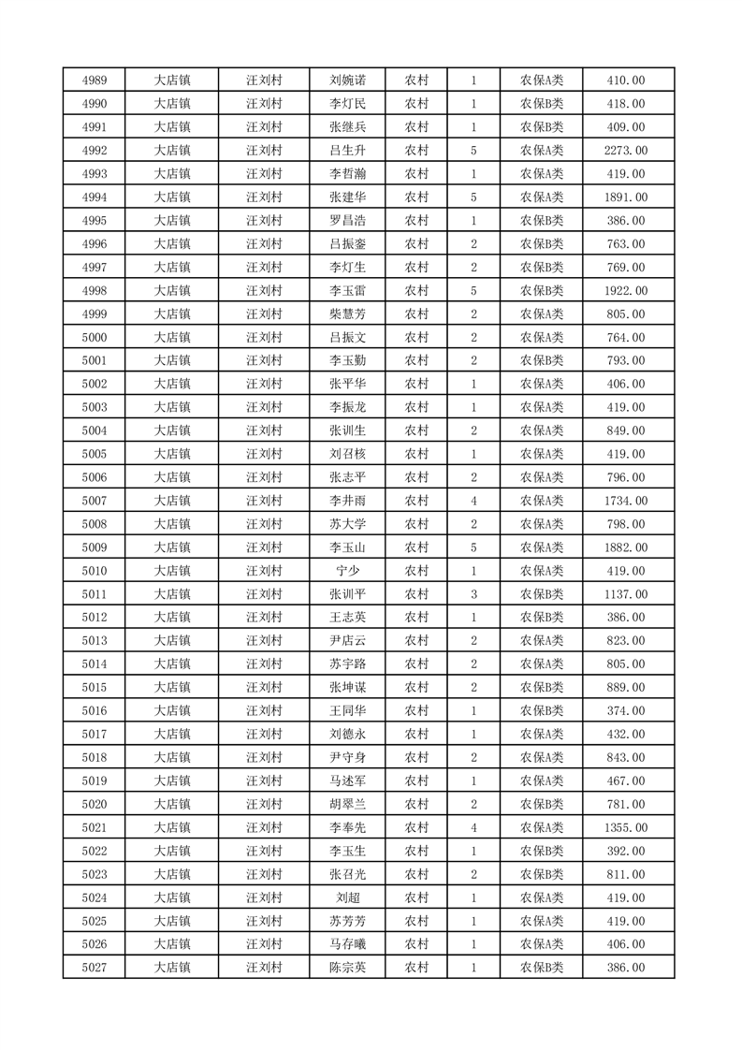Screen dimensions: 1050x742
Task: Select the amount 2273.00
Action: [x=626, y=151]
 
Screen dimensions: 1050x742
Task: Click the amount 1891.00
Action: [x=626, y=197]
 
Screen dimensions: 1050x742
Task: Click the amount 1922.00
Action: [x=626, y=291]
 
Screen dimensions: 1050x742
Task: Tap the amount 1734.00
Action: [x=626, y=501]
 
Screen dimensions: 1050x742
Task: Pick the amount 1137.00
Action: [x=626, y=594]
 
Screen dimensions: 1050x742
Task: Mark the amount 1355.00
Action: [x=626, y=827]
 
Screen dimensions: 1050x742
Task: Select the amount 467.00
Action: [x=626, y=780]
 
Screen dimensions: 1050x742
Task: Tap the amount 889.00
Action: [x=626, y=688]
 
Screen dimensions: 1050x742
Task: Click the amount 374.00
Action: [x=626, y=711]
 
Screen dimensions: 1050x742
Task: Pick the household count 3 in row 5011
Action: [x=474, y=594]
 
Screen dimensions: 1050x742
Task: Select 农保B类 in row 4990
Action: [x=542, y=104]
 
